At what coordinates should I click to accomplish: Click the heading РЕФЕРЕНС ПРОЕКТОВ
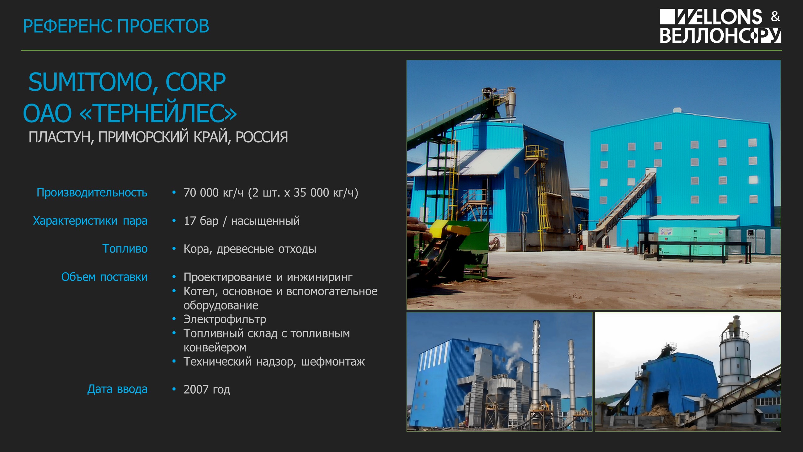tap(116, 26)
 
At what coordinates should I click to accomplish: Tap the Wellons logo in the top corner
tap(720, 26)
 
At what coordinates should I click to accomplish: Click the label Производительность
tap(92, 192)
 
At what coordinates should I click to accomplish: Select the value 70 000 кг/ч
tap(214, 193)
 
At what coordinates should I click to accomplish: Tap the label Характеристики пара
tap(90, 221)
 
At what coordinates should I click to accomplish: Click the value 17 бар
tap(201, 221)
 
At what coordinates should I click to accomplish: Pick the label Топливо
tap(125, 249)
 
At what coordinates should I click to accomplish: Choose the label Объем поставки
tap(104, 277)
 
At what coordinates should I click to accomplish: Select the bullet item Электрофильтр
tap(225, 319)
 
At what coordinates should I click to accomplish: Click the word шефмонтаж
tap(333, 362)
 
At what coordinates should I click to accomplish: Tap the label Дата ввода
tap(117, 389)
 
